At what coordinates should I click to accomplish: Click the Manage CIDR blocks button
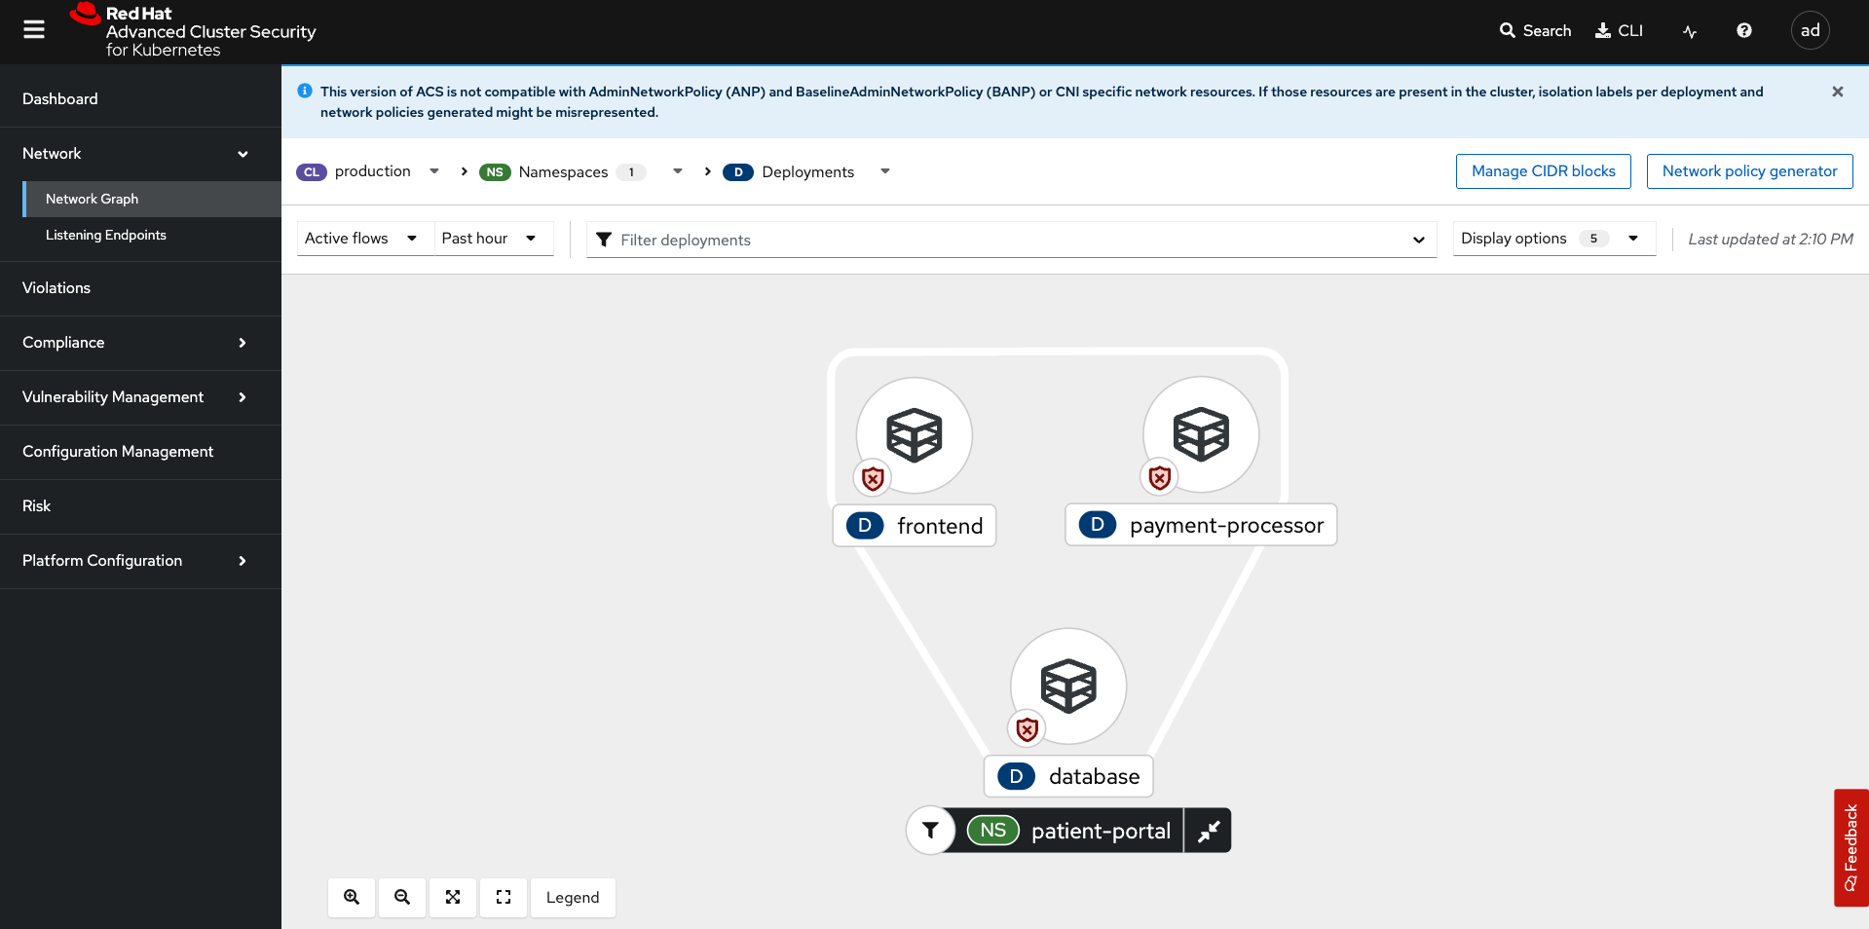1543,171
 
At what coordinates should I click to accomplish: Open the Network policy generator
1749,171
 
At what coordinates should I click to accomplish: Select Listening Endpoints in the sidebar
106,235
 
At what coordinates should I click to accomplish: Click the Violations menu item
56,288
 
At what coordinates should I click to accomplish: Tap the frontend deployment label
915,526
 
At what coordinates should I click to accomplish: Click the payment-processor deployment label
1201,525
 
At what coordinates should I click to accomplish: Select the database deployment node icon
1068,686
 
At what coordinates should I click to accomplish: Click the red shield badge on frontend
873,478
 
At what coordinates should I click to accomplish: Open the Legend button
573,898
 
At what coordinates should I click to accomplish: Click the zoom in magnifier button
352,898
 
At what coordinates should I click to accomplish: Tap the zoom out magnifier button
402,898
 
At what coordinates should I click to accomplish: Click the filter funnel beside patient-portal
930,831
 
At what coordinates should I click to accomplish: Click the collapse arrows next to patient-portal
1208,831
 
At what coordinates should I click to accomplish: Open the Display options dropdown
1553,239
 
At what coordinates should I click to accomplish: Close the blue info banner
1838,92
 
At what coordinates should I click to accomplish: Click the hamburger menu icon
34,30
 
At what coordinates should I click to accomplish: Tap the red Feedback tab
1850,847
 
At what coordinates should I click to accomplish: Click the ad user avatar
1810,30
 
